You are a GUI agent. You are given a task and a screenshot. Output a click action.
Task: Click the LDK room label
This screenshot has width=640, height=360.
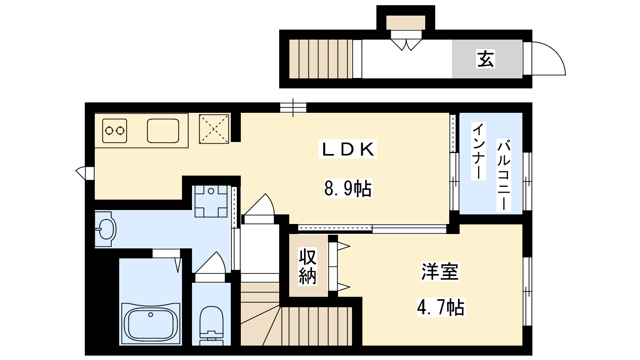click(348, 149)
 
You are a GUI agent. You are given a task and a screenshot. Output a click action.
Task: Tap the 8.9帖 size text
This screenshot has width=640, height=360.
click(348, 188)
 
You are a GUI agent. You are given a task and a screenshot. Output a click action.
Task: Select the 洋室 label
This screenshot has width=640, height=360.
click(440, 272)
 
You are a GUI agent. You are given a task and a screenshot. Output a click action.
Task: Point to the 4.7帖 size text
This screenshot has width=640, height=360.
click(441, 308)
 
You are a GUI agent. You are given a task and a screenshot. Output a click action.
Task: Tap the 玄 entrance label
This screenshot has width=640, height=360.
click(486, 59)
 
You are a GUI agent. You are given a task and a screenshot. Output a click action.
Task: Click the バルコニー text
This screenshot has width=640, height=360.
click(504, 175)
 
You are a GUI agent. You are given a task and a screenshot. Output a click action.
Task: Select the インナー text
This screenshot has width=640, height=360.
click(478, 151)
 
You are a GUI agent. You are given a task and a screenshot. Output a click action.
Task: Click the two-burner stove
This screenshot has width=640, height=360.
click(114, 131)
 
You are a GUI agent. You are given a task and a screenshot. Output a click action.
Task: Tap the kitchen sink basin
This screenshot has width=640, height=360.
click(163, 131)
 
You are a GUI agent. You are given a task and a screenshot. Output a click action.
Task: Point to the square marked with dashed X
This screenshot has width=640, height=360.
click(214, 129)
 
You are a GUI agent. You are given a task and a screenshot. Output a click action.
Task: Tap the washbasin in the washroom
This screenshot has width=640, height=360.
click(106, 229)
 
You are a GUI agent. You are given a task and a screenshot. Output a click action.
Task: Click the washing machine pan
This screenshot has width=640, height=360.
click(211, 201)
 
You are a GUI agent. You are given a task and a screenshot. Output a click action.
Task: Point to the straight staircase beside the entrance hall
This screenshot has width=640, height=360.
click(320, 59)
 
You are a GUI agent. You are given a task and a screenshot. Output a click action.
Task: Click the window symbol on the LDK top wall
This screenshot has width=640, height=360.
click(293, 108)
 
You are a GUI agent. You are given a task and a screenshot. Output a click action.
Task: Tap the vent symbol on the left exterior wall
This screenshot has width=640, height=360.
click(85, 173)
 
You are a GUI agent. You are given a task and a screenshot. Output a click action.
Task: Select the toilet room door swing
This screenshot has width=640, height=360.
click(211, 263)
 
